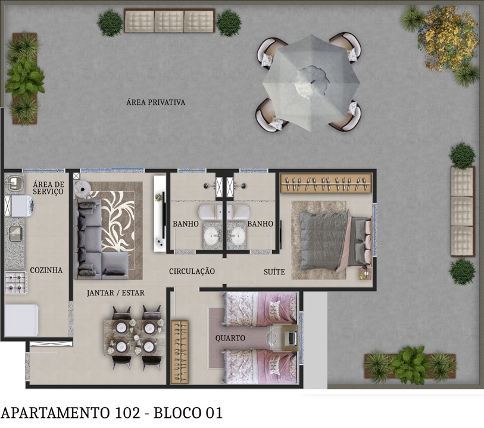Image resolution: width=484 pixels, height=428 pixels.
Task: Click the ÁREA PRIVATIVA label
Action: pyautogui.click(x=156, y=102)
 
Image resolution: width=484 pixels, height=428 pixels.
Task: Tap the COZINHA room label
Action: pyautogui.click(x=46, y=270)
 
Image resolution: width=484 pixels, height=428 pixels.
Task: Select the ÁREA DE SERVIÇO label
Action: pyautogui.click(x=48, y=188)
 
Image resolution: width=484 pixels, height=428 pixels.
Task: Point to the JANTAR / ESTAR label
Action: pyautogui.click(x=115, y=293)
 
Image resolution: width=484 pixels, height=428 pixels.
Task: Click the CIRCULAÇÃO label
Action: pyautogui.click(x=192, y=271)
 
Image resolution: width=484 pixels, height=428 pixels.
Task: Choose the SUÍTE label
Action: pyautogui.click(x=274, y=272)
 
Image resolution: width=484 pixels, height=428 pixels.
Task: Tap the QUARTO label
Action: pyautogui.click(x=230, y=338)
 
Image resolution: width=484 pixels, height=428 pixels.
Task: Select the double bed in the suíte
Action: pyautogui.click(x=333, y=239)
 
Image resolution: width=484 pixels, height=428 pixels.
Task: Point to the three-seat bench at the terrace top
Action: pyautogui.click(x=169, y=21)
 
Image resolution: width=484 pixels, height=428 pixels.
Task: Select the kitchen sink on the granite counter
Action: pyautogui.click(x=15, y=233)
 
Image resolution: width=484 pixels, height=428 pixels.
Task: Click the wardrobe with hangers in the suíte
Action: pyautogui.click(x=326, y=183)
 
